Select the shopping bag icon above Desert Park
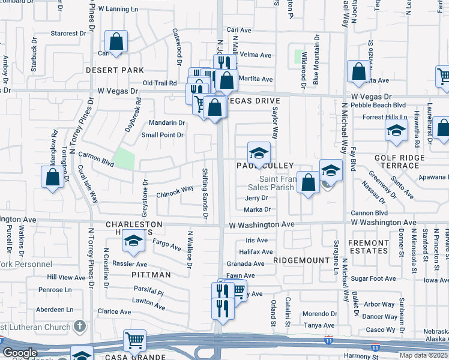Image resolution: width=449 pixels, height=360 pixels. (116, 43)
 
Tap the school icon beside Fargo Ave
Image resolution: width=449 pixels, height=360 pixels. (133, 241)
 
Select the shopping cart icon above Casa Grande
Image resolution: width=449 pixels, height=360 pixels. (135, 341)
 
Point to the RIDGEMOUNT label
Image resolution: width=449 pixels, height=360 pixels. (298, 261)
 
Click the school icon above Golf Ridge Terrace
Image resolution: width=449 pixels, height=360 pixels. (396, 130)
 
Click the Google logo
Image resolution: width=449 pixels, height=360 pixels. (20, 353)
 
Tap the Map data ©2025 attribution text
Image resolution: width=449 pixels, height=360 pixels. (423, 355)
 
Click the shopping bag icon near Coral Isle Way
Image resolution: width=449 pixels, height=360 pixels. (53, 177)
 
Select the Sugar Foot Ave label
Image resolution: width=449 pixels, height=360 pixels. (373, 278)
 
